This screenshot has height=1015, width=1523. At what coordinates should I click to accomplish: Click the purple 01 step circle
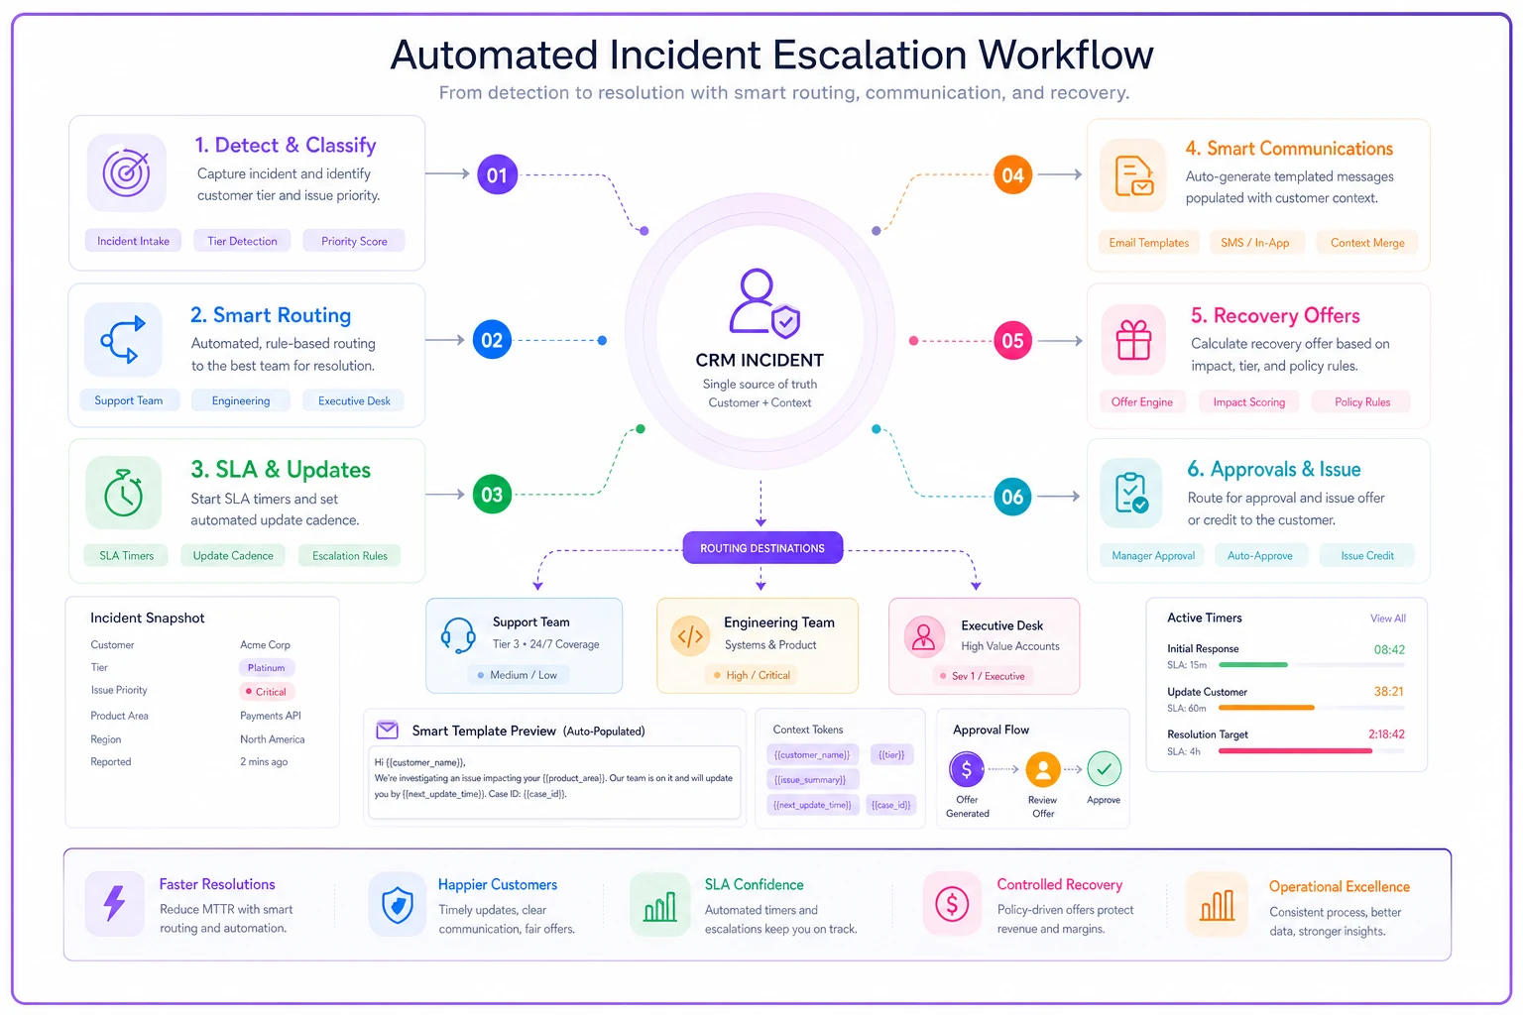click(497, 174)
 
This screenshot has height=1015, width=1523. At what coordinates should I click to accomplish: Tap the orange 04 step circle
click(1012, 174)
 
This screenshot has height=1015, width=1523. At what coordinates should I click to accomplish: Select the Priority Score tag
click(354, 241)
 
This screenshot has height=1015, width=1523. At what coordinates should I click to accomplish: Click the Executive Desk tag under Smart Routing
click(354, 400)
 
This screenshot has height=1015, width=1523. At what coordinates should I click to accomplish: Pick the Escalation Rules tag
click(349, 555)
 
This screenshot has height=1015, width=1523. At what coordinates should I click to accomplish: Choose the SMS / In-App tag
click(1254, 243)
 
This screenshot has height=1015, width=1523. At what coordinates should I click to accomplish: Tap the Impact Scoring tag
click(1249, 401)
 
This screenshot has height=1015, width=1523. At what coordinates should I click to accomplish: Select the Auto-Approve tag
click(1259, 555)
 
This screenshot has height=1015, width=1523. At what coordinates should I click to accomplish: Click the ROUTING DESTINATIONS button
click(762, 548)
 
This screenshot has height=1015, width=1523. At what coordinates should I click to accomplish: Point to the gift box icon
click(1133, 339)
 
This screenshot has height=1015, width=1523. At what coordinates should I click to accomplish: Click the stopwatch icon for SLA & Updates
click(124, 493)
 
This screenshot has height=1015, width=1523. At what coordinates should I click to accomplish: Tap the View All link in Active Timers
click(1388, 618)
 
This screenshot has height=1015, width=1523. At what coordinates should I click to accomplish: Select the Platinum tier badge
click(266, 668)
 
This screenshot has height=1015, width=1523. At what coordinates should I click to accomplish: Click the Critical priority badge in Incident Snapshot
click(266, 692)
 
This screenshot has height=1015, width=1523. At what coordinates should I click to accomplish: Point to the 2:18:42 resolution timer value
click(1386, 734)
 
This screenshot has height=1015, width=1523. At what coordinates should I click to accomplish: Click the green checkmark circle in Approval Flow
click(1104, 769)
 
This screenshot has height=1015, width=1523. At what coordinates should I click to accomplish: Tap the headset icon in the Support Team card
click(457, 635)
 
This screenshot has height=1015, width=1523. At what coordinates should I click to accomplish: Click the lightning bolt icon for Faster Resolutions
click(115, 904)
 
